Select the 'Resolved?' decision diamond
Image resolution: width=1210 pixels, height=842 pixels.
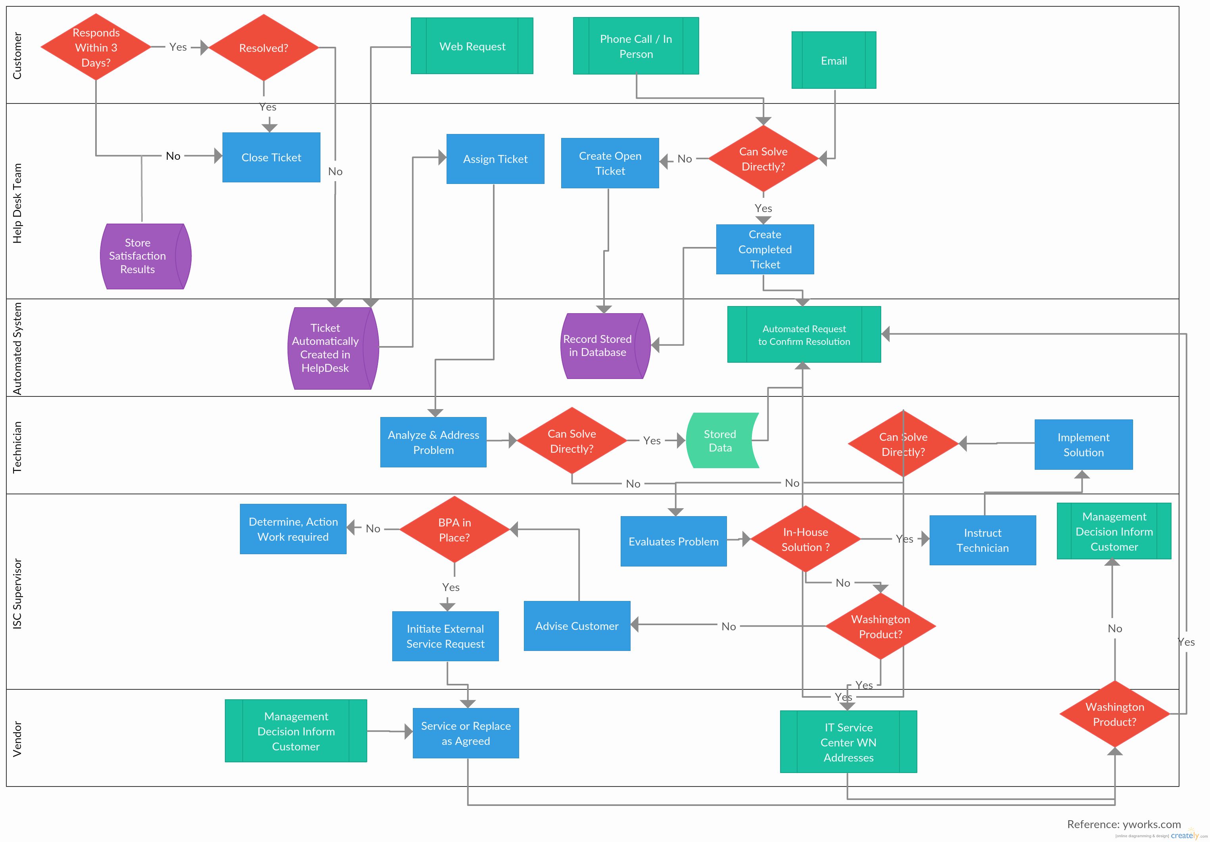(x=263, y=48)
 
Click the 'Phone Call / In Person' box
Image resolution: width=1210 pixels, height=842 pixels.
(x=636, y=46)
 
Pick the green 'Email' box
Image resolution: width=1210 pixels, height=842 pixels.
(x=834, y=60)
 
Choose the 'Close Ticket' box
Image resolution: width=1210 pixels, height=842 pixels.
(x=271, y=157)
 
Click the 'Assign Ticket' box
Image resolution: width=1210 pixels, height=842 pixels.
(x=495, y=159)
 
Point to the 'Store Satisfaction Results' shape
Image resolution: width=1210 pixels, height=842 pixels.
(x=146, y=256)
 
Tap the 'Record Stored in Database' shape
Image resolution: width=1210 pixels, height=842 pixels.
(x=606, y=346)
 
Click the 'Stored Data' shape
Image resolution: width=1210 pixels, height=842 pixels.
(x=723, y=440)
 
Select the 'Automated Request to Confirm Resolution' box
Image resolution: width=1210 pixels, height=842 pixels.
(x=803, y=335)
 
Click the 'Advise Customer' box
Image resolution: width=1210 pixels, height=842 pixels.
(x=577, y=626)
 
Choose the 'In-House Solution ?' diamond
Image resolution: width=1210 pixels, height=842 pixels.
(x=805, y=539)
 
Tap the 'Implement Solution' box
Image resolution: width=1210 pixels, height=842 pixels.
(x=1083, y=445)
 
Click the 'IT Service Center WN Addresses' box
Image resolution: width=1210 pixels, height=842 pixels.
(x=848, y=742)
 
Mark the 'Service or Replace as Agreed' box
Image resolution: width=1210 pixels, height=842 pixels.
(x=466, y=733)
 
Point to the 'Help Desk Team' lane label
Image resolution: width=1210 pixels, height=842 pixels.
(x=17, y=203)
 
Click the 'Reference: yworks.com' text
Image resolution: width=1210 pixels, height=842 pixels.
(x=1124, y=824)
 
